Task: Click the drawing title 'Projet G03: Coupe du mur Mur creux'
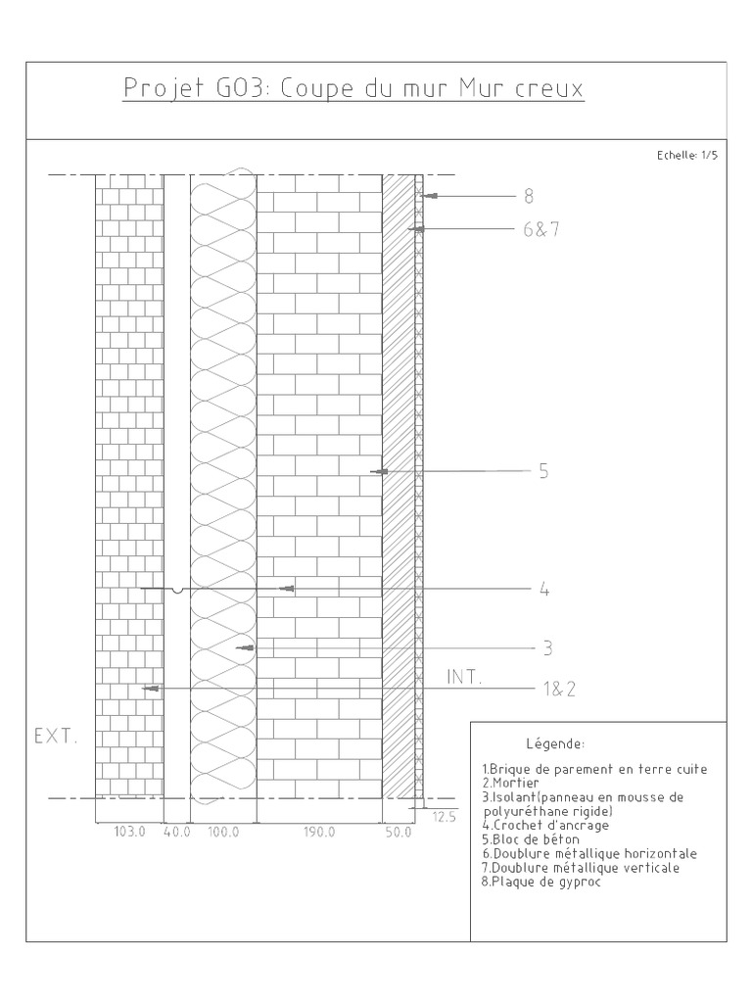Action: click(353, 90)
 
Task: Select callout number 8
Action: click(529, 197)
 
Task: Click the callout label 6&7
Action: click(540, 230)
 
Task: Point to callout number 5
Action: click(543, 472)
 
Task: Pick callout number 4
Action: click(543, 590)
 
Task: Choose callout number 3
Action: click(547, 648)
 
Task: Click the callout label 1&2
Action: click(559, 690)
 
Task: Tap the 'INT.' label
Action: click(465, 678)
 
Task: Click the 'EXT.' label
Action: click(56, 736)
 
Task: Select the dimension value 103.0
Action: click(129, 833)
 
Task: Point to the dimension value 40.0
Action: click(176, 833)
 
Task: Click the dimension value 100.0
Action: click(223, 833)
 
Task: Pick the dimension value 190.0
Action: click(318, 833)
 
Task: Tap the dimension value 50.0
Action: click(398, 833)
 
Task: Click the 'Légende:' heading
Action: click(555, 743)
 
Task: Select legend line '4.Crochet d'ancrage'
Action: click(545, 826)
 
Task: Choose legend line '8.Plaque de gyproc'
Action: click(540, 882)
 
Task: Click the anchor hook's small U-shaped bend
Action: click(176, 591)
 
